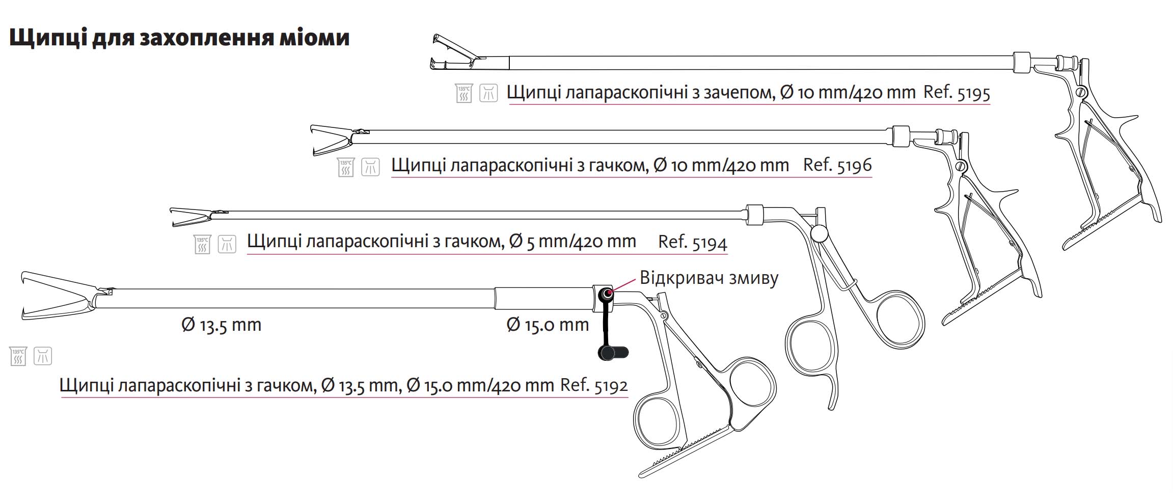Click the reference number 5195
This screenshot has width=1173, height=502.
tap(973, 93)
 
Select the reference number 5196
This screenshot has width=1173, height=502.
tap(854, 165)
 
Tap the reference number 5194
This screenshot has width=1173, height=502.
tap(710, 243)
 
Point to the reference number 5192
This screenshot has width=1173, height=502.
tap(611, 385)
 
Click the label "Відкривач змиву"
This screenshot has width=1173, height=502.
tap(709, 278)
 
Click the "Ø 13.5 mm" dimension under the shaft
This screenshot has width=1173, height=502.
tap(221, 325)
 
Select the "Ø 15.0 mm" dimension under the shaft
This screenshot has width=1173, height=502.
tap(548, 325)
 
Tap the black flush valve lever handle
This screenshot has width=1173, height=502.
tap(613, 353)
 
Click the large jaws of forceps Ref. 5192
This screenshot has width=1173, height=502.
tap(58, 296)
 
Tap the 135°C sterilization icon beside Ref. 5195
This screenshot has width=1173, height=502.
tap(464, 93)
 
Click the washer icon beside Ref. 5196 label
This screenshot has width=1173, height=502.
tap(371, 167)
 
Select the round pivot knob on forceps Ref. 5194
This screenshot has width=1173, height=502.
tap(820, 233)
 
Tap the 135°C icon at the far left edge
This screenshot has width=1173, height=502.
tap(18, 356)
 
